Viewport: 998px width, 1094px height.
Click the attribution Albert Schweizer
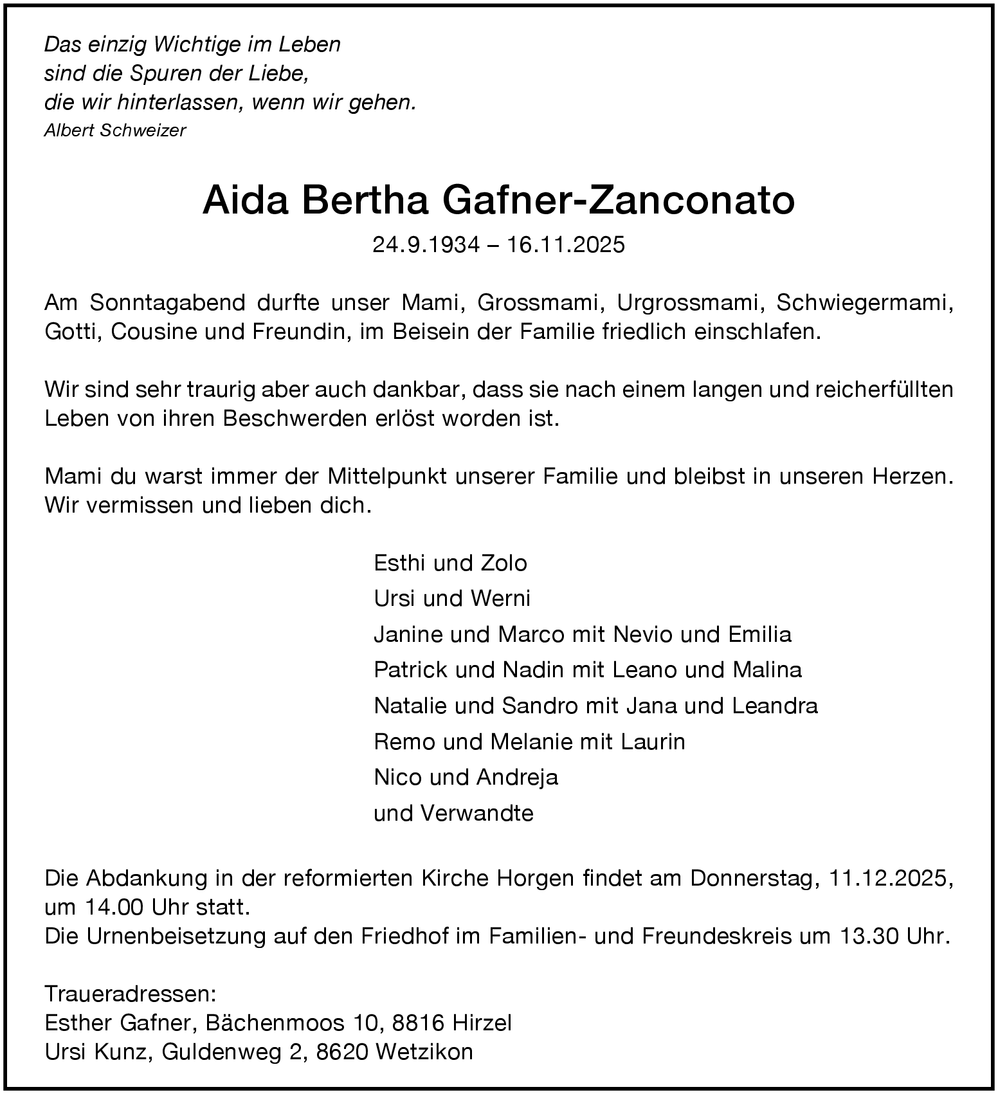click(115, 131)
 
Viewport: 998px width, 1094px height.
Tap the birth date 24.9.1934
click(426, 245)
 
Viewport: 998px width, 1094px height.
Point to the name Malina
click(767, 670)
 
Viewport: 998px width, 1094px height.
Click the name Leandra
click(775, 706)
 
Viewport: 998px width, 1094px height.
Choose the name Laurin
click(653, 742)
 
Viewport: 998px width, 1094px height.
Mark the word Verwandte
click(477, 814)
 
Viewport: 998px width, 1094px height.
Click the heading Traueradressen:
click(131, 994)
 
